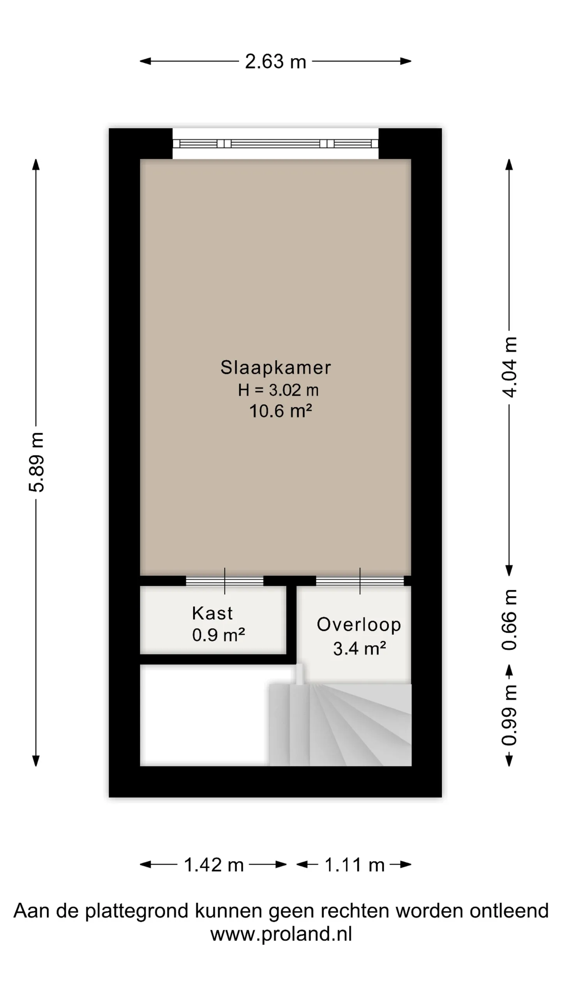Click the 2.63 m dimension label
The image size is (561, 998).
coord(275,62)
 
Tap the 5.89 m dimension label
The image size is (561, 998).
coord(37,462)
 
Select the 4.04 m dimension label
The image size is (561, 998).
coord(509,367)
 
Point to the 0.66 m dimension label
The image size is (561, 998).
coord(509,620)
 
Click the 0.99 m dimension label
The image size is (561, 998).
coord(509,715)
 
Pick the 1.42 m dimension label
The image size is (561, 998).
coord(213,865)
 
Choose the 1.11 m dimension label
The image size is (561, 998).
coord(355,865)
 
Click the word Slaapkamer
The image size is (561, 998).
coord(275,367)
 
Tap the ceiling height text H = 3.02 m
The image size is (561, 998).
coord(278,390)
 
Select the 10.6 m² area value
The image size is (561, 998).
coord(280,411)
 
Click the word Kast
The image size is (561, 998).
coord(212,613)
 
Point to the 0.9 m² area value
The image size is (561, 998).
coord(219,635)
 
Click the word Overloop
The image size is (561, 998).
coord(359,625)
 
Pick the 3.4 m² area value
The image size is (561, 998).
coord(360,648)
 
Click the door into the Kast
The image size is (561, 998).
coord(224,580)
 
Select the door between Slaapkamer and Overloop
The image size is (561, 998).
coord(360,580)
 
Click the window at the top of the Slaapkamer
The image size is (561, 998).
coord(275,143)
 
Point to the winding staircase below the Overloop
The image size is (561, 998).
coord(340,724)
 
